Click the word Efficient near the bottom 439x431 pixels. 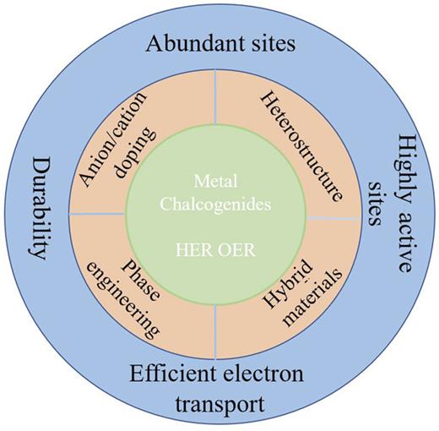pos(174,373)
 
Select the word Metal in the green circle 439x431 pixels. pos(217,180)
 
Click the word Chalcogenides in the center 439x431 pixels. pos(217,203)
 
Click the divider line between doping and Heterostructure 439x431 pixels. pos(217,98)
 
